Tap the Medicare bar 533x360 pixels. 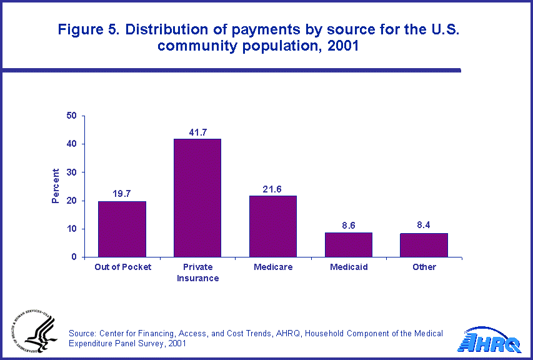click(x=273, y=226)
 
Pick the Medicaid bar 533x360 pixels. click(x=349, y=244)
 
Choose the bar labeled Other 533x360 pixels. click(x=424, y=245)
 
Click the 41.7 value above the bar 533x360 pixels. click(x=197, y=132)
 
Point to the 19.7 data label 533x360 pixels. click(x=122, y=194)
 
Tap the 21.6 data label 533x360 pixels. click(x=273, y=189)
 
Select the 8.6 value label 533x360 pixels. click(x=349, y=225)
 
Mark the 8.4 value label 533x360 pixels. click(x=424, y=225)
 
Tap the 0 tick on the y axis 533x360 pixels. click(x=74, y=257)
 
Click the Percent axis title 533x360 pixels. click(x=56, y=186)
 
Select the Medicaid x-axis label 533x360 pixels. click(x=349, y=267)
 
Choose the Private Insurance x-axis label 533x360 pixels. click(x=197, y=272)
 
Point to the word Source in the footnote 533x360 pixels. click(x=83, y=333)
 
